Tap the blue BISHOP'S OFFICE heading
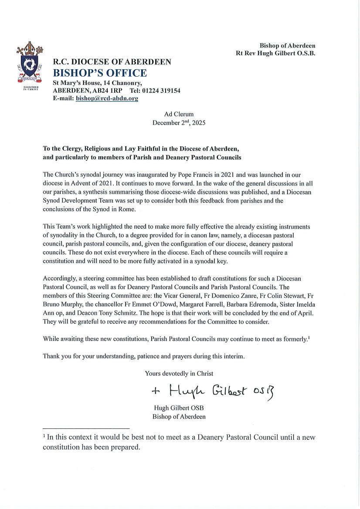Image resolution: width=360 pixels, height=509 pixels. [100, 73]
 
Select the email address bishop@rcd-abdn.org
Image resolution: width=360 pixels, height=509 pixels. [107, 99]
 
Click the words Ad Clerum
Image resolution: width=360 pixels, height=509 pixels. [179, 114]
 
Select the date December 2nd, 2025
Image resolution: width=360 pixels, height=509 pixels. [179, 122]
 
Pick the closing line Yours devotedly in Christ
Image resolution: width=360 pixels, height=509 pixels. [179, 373]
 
